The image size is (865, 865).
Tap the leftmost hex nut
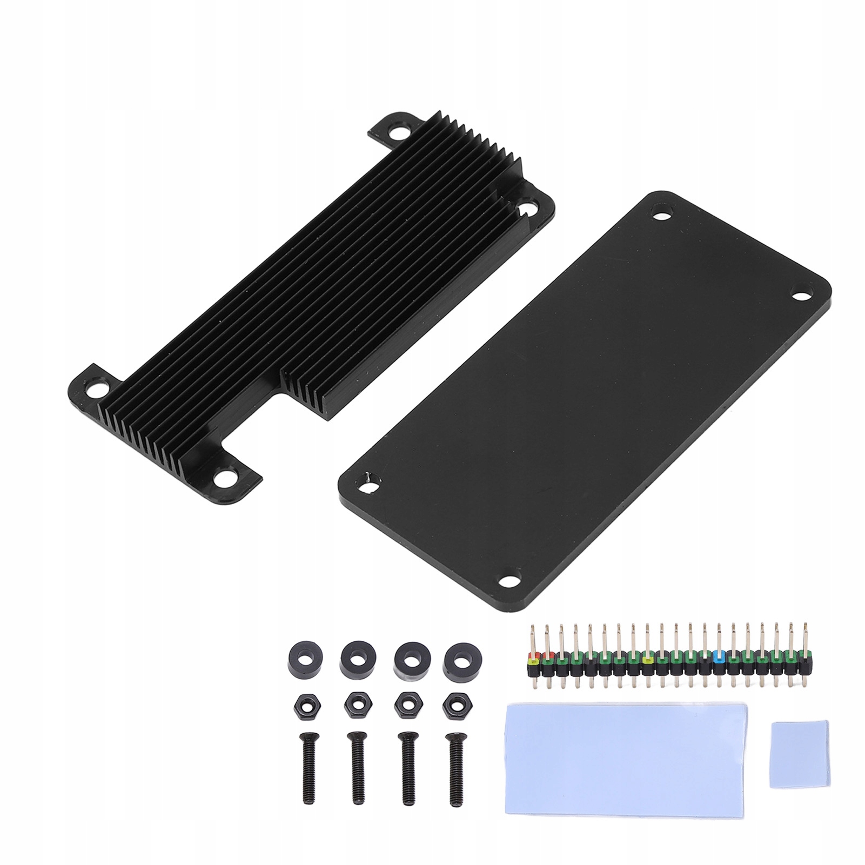click(305, 705)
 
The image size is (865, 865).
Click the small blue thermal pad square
click(793, 746)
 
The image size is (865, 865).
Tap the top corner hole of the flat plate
click(661, 212)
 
